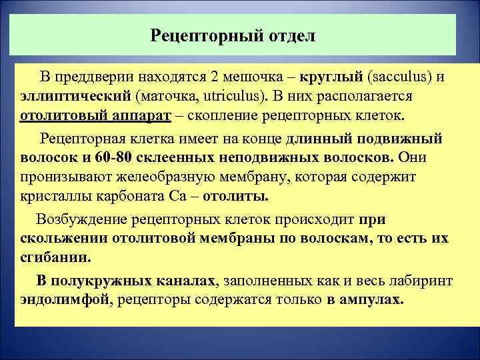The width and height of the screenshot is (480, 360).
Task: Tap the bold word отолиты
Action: [235, 197]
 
